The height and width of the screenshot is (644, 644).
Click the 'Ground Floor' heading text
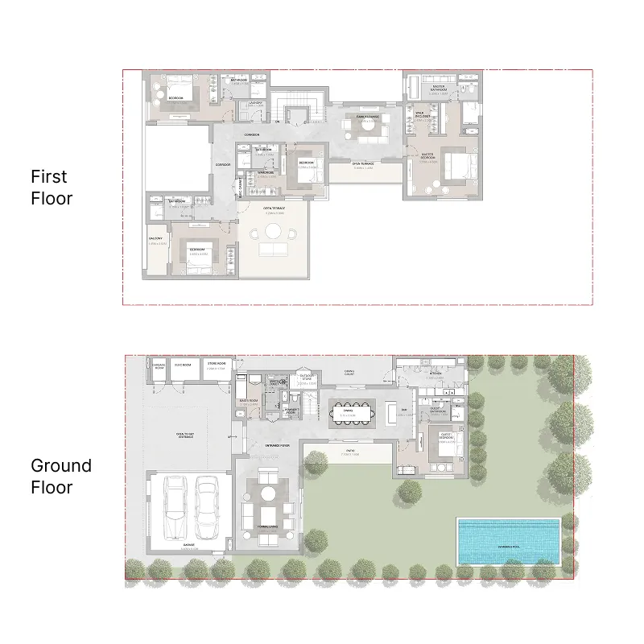(61, 476)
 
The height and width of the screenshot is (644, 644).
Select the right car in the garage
(207, 509)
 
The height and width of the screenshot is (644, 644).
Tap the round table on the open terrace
(274, 232)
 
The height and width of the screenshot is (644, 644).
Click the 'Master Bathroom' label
(439, 87)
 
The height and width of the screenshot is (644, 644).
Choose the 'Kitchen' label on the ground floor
(435, 373)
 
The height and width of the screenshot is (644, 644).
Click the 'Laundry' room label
(255, 102)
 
